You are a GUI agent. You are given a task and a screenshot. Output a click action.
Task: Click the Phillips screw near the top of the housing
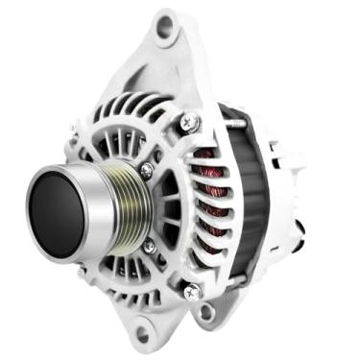pos(189,122)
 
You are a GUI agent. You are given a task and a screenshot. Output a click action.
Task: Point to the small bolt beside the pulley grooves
pos(147,171)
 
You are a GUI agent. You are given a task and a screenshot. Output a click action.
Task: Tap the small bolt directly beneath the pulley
pos(150,247)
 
